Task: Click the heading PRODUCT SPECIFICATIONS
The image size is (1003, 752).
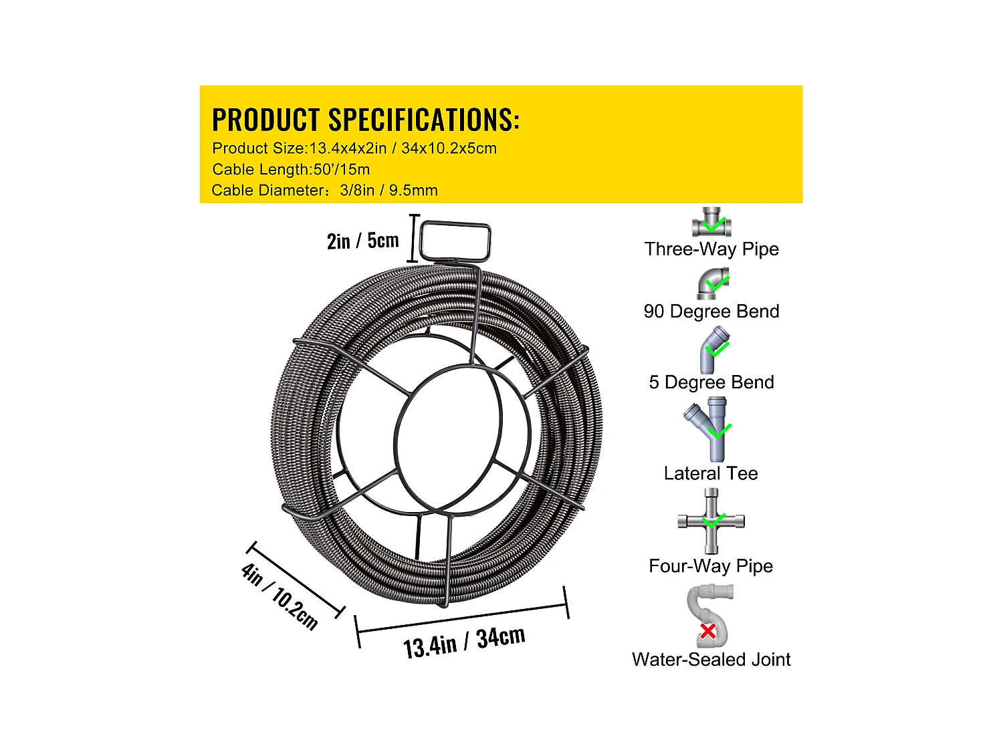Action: click(x=365, y=120)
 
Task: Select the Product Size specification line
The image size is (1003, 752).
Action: click(x=354, y=148)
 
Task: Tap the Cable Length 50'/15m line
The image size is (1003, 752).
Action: click(x=291, y=169)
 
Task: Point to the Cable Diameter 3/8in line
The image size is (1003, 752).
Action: click(x=324, y=191)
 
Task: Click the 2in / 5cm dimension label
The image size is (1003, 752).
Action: click(x=362, y=241)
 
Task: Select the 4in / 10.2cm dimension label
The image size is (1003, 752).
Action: click(x=279, y=596)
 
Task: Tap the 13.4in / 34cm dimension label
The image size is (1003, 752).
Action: click(x=464, y=642)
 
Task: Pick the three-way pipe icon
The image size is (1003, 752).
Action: click(x=711, y=222)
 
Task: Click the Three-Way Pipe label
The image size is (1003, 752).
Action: click(x=711, y=249)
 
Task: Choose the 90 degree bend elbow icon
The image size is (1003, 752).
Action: click(x=713, y=283)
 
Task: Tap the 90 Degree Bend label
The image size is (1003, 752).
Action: click(x=711, y=311)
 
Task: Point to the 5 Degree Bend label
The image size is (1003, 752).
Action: click(x=711, y=382)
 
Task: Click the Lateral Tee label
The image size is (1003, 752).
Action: click(x=711, y=473)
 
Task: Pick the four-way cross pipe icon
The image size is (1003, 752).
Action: click(x=711, y=521)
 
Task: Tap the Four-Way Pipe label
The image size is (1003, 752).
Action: click(x=711, y=566)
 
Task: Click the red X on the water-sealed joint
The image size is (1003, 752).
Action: click(x=708, y=630)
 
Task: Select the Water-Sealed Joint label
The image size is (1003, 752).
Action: click(x=711, y=660)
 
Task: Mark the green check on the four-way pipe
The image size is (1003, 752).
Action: click(x=713, y=521)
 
